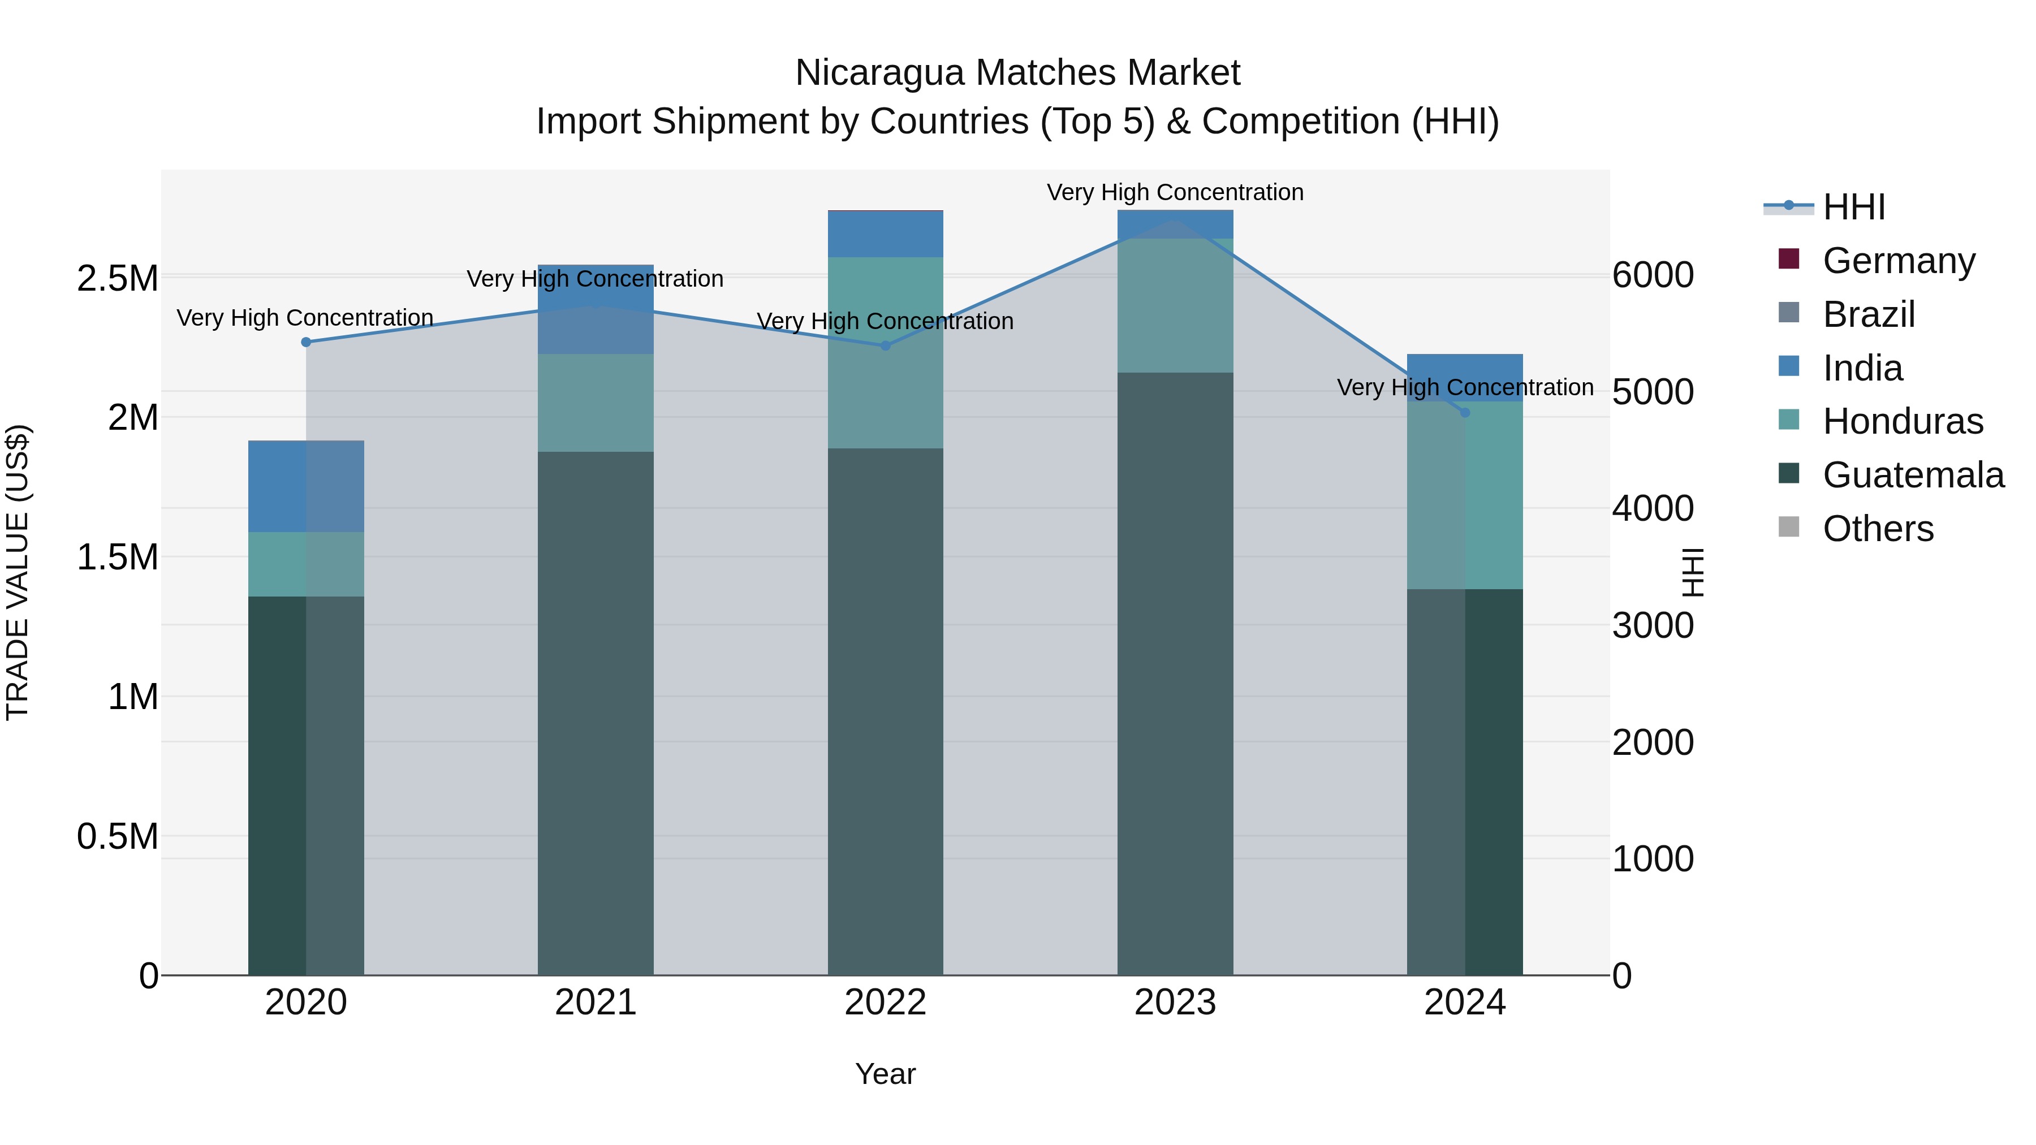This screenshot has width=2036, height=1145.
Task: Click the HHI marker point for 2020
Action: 306,342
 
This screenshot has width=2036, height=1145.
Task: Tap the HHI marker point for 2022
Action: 885,345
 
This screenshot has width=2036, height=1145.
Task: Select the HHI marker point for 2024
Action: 1465,413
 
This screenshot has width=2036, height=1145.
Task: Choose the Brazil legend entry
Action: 1869,314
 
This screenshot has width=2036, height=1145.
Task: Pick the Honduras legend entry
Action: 1903,421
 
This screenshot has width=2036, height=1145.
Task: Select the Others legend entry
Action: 1878,529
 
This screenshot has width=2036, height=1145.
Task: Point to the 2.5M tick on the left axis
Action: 117,279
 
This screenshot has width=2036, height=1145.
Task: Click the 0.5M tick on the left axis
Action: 117,837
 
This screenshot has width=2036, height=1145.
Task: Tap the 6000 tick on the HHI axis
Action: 1653,275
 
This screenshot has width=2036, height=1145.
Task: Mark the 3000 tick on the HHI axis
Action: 1653,625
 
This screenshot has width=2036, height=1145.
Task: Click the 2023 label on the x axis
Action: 1175,1003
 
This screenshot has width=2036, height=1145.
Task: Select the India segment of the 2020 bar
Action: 306,486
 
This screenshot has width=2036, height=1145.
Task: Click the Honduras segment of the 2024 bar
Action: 1465,495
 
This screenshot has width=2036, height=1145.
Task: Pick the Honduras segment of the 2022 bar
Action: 885,353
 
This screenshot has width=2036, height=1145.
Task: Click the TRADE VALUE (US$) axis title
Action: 18,572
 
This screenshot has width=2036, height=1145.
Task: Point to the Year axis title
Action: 885,1074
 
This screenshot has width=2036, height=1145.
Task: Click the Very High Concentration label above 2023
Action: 1175,192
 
